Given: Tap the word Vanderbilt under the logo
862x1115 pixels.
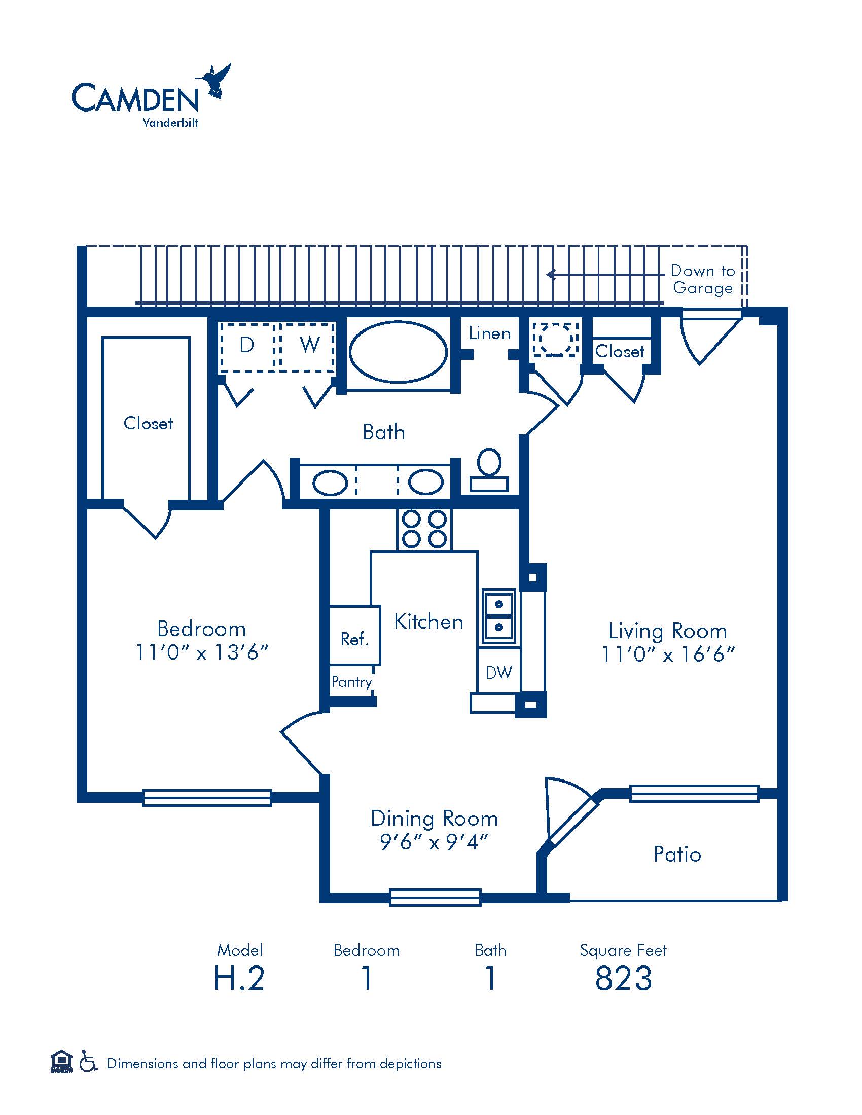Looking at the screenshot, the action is point(170,123).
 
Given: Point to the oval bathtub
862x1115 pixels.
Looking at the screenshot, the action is point(398,351).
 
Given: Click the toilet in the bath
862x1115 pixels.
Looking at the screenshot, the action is point(489,470).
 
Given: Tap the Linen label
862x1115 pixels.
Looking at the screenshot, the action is point(490,333).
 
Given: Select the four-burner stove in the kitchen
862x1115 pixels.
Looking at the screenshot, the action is point(424,530).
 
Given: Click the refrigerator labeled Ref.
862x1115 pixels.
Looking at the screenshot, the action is point(355,636).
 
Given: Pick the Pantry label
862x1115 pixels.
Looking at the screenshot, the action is point(352,682).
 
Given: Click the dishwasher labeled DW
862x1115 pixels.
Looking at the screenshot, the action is point(499,673).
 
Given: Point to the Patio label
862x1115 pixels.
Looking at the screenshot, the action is point(677,854).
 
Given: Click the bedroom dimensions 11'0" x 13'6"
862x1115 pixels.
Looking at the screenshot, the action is point(202,652).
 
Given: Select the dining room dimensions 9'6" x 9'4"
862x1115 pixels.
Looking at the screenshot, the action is point(434,842).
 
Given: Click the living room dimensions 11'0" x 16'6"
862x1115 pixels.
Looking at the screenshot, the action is point(668,654).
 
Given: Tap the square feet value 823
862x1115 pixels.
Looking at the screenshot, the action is point(624,978).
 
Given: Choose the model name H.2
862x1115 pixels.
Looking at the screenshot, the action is point(239,978).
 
